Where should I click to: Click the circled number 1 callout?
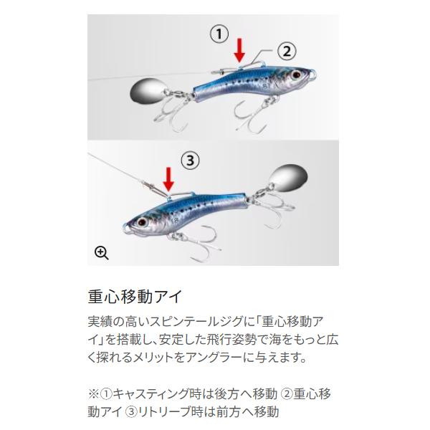pos(219,33)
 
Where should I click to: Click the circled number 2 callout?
pos(285,50)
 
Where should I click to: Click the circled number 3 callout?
pos(189,161)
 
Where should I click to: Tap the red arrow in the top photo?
pos(240,49)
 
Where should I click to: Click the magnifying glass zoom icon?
pos(102,252)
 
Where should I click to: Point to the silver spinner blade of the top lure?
pos(146,92)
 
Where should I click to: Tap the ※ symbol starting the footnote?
pos(92,393)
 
